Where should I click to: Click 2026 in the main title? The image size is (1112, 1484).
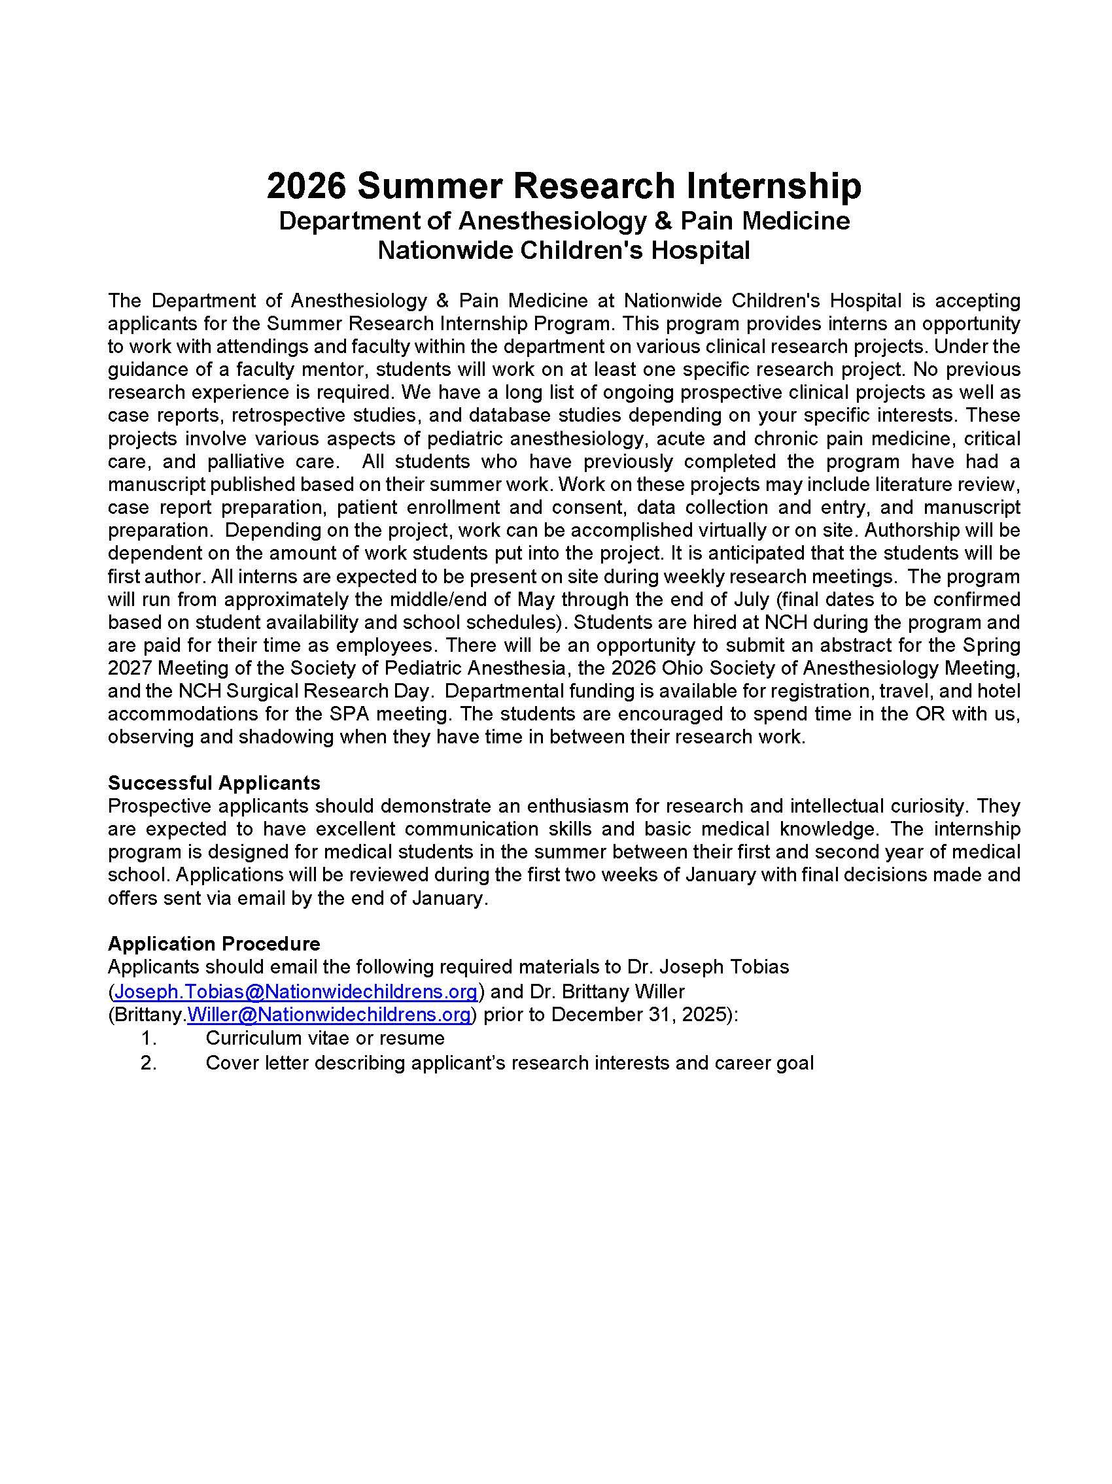305,186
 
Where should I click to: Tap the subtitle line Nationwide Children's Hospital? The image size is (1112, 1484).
563,250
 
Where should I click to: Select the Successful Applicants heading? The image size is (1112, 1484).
214,783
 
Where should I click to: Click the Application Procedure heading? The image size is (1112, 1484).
214,943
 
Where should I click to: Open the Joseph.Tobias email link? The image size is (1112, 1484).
296,990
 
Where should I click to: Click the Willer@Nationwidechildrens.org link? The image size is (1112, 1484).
329,1014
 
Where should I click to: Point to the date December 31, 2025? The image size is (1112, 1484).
640,1014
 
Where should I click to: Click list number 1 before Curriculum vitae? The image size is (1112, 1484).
148,1038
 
